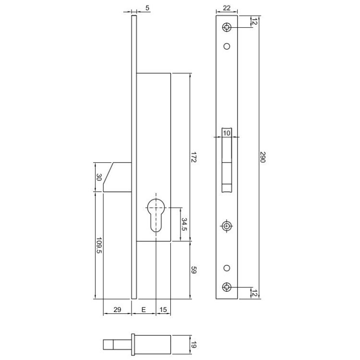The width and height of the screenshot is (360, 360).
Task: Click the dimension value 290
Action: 262,157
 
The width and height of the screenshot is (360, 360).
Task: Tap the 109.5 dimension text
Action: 99,245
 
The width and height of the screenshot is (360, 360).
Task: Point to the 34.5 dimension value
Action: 183,225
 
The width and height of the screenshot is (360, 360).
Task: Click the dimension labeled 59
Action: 194,271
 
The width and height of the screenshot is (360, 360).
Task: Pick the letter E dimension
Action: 144,310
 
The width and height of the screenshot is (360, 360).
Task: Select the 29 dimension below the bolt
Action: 117,310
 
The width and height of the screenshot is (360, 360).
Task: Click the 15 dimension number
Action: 163,310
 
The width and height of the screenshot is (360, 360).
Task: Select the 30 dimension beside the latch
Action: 99,177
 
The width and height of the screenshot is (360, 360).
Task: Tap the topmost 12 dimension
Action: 254,21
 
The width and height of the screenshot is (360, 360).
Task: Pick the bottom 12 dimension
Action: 254,292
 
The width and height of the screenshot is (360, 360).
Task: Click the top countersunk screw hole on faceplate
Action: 227,27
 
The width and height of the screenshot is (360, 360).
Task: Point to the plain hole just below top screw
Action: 227,46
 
